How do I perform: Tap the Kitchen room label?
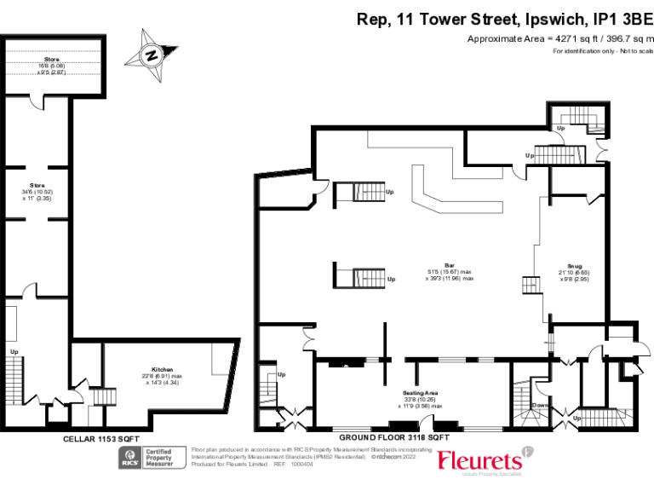tap(163, 369)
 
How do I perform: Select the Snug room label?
tap(576, 265)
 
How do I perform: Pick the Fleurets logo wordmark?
tap(479, 460)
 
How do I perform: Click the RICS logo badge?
tap(130, 458)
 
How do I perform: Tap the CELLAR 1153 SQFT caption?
tap(101, 438)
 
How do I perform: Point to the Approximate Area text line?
tap(559, 39)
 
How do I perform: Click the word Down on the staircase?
tap(538, 406)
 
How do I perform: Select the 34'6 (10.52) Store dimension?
tap(37, 191)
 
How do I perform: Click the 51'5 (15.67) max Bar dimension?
tap(449, 272)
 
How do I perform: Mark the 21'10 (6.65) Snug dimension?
tap(576, 272)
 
